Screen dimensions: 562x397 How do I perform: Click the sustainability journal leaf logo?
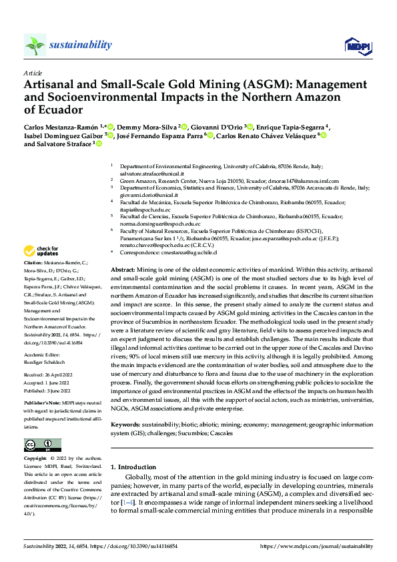[x=35, y=45]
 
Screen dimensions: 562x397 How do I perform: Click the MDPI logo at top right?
[x=357, y=45]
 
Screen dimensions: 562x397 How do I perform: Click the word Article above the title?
[x=32, y=73]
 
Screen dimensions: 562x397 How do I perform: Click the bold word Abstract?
[x=123, y=268]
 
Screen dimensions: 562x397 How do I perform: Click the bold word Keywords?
[x=127, y=425]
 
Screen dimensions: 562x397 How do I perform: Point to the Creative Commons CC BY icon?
[x=42, y=445]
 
